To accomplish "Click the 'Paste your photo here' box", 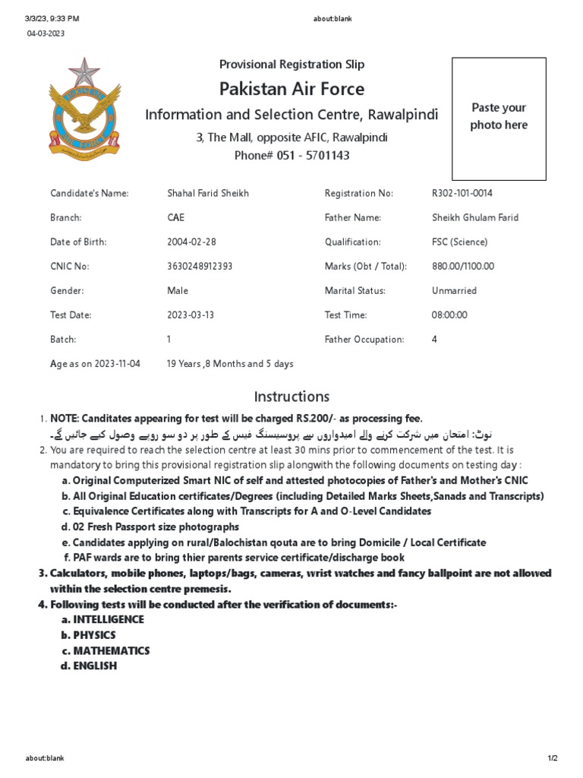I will click(499, 118).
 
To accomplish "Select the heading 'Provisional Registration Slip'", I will click(291, 65).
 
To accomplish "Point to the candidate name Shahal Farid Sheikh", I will click(208, 193).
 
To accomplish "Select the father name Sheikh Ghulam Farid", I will click(475, 217).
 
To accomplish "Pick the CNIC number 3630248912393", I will click(200, 266).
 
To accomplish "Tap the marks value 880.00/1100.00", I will click(463, 266).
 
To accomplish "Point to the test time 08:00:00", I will click(449, 315).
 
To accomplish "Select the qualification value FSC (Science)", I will click(460, 242).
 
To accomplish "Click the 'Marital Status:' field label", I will click(355, 290).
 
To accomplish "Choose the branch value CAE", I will click(175, 217).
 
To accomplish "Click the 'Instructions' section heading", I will click(291, 396).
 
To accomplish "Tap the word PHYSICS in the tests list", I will click(94, 635).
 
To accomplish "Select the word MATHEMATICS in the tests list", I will click(111, 650).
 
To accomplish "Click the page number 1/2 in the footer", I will click(552, 758).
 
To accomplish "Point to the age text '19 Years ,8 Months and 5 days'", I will click(230, 363).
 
